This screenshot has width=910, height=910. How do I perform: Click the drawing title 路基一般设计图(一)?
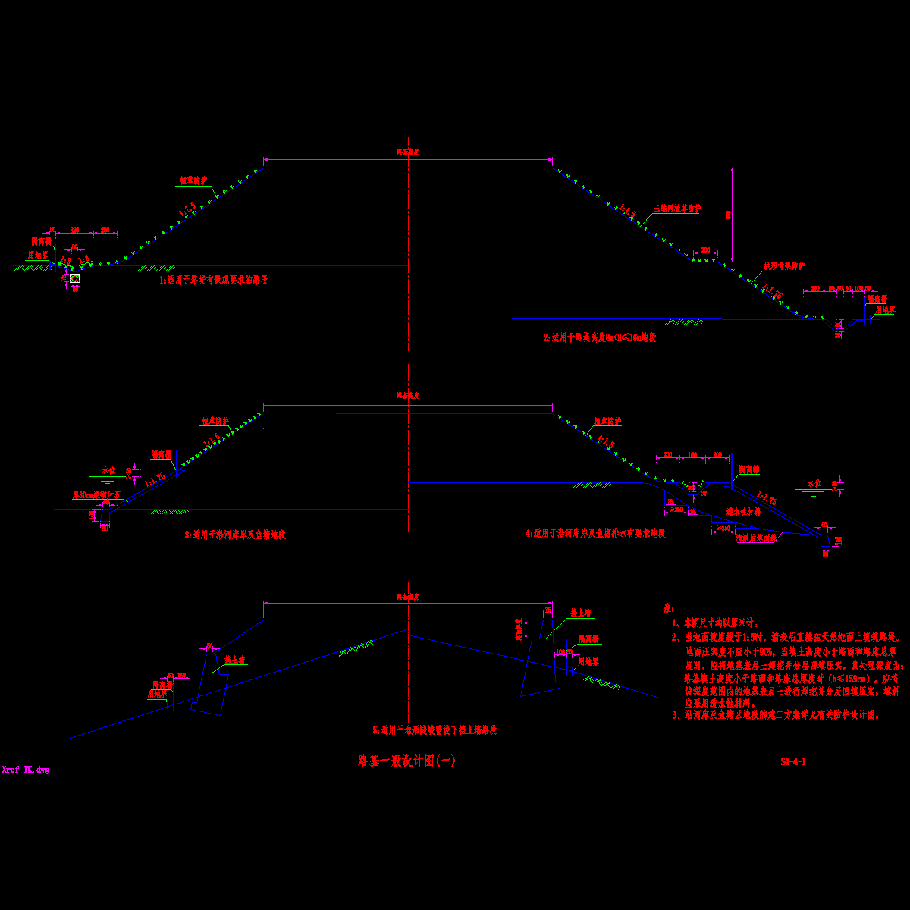[x=406, y=761]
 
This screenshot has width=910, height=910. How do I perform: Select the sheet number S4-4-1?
[x=793, y=761]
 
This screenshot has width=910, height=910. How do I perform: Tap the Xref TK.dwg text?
[x=26, y=770]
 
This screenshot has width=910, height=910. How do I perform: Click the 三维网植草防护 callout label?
[x=678, y=208]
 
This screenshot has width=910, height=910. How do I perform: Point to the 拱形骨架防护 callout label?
[x=784, y=266]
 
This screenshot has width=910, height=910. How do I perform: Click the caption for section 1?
[x=213, y=280]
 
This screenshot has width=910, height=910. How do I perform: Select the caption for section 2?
[x=600, y=337]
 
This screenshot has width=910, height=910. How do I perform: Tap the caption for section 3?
[x=235, y=535]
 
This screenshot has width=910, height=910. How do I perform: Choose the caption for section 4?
[x=595, y=533]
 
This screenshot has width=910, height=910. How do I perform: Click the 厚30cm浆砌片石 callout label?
[x=96, y=494]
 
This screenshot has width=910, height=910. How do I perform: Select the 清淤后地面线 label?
[x=756, y=538]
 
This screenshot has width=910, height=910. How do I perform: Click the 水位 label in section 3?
[x=108, y=470]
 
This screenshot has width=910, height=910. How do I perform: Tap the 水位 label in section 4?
[x=814, y=483]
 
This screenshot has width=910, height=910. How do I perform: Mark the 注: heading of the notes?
[x=668, y=608]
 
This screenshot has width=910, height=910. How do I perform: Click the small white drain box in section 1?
[x=75, y=278]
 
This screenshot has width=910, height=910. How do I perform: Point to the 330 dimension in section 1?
[x=75, y=230]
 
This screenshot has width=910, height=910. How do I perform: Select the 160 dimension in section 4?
[x=692, y=454]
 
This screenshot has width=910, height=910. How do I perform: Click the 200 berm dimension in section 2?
[x=706, y=249]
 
